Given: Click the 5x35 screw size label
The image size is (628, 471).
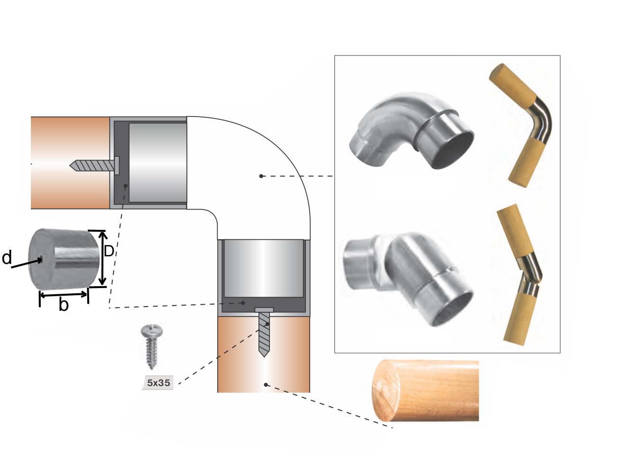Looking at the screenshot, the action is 158,382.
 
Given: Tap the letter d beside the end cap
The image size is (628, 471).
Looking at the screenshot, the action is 7,257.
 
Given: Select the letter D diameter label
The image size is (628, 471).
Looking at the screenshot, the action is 109,251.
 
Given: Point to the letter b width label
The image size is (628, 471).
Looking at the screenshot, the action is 64,304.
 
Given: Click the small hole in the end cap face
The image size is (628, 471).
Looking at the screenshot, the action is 41,260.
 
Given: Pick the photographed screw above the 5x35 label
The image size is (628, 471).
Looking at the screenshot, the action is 152,347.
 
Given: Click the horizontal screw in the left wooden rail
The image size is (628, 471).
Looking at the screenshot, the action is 94,165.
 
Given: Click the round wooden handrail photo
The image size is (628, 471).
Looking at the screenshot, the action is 425,391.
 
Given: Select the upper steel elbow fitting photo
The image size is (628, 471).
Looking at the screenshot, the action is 411,131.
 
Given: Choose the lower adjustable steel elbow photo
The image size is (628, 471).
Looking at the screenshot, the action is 408,279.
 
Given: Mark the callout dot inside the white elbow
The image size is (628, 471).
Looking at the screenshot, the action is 261,176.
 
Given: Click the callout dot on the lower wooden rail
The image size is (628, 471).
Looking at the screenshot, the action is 266,385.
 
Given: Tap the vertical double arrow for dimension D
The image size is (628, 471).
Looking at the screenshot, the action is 102,258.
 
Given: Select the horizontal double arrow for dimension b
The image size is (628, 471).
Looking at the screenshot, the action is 64,295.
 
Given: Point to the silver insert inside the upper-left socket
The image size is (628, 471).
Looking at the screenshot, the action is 158,163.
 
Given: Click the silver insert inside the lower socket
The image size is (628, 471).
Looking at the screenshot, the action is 264,268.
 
